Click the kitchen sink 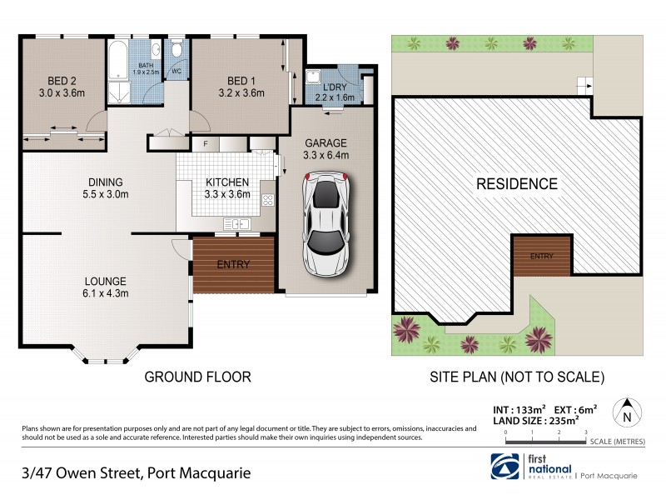[236, 223]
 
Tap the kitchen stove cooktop [267, 200]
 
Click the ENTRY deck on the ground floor [233, 264]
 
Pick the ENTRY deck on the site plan [541, 255]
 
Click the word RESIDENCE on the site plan [516, 183]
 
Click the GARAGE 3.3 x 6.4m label [326, 148]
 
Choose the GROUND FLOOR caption [197, 377]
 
